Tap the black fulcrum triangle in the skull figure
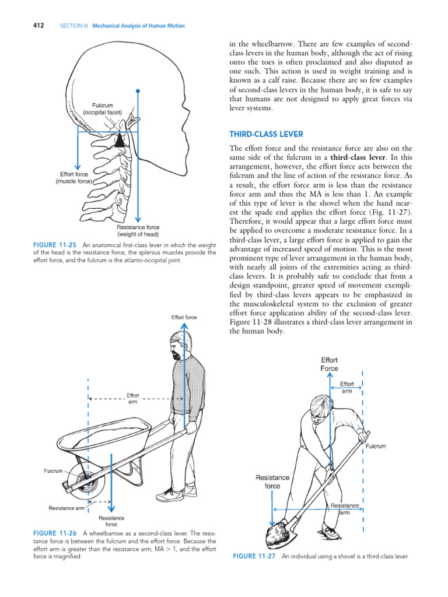[x=119, y=140]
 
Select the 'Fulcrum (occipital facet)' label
[x=102, y=108]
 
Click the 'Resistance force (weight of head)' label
[x=138, y=231]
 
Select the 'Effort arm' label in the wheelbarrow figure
[x=133, y=398]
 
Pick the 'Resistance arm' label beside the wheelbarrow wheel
[x=66, y=508]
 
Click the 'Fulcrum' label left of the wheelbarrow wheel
[x=53, y=470]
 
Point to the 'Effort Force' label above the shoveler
[x=329, y=364]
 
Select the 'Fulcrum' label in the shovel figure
[x=376, y=446]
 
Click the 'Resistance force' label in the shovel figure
[x=272, y=482]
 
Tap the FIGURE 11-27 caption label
[x=255, y=556]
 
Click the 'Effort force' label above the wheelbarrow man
[x=184, y=317]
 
